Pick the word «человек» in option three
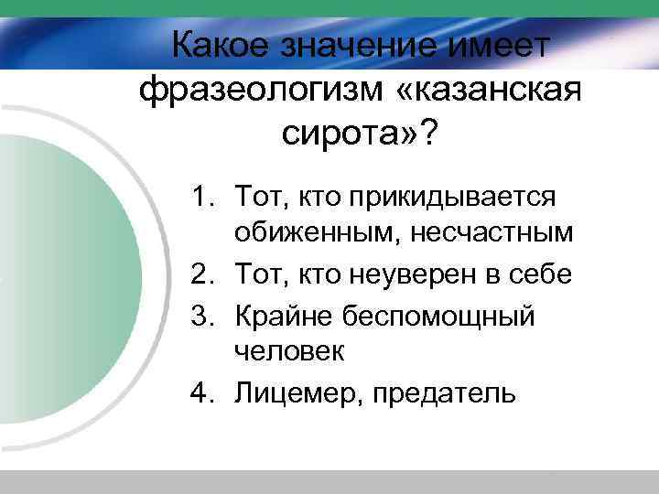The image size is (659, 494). click(x=286, y=351)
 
